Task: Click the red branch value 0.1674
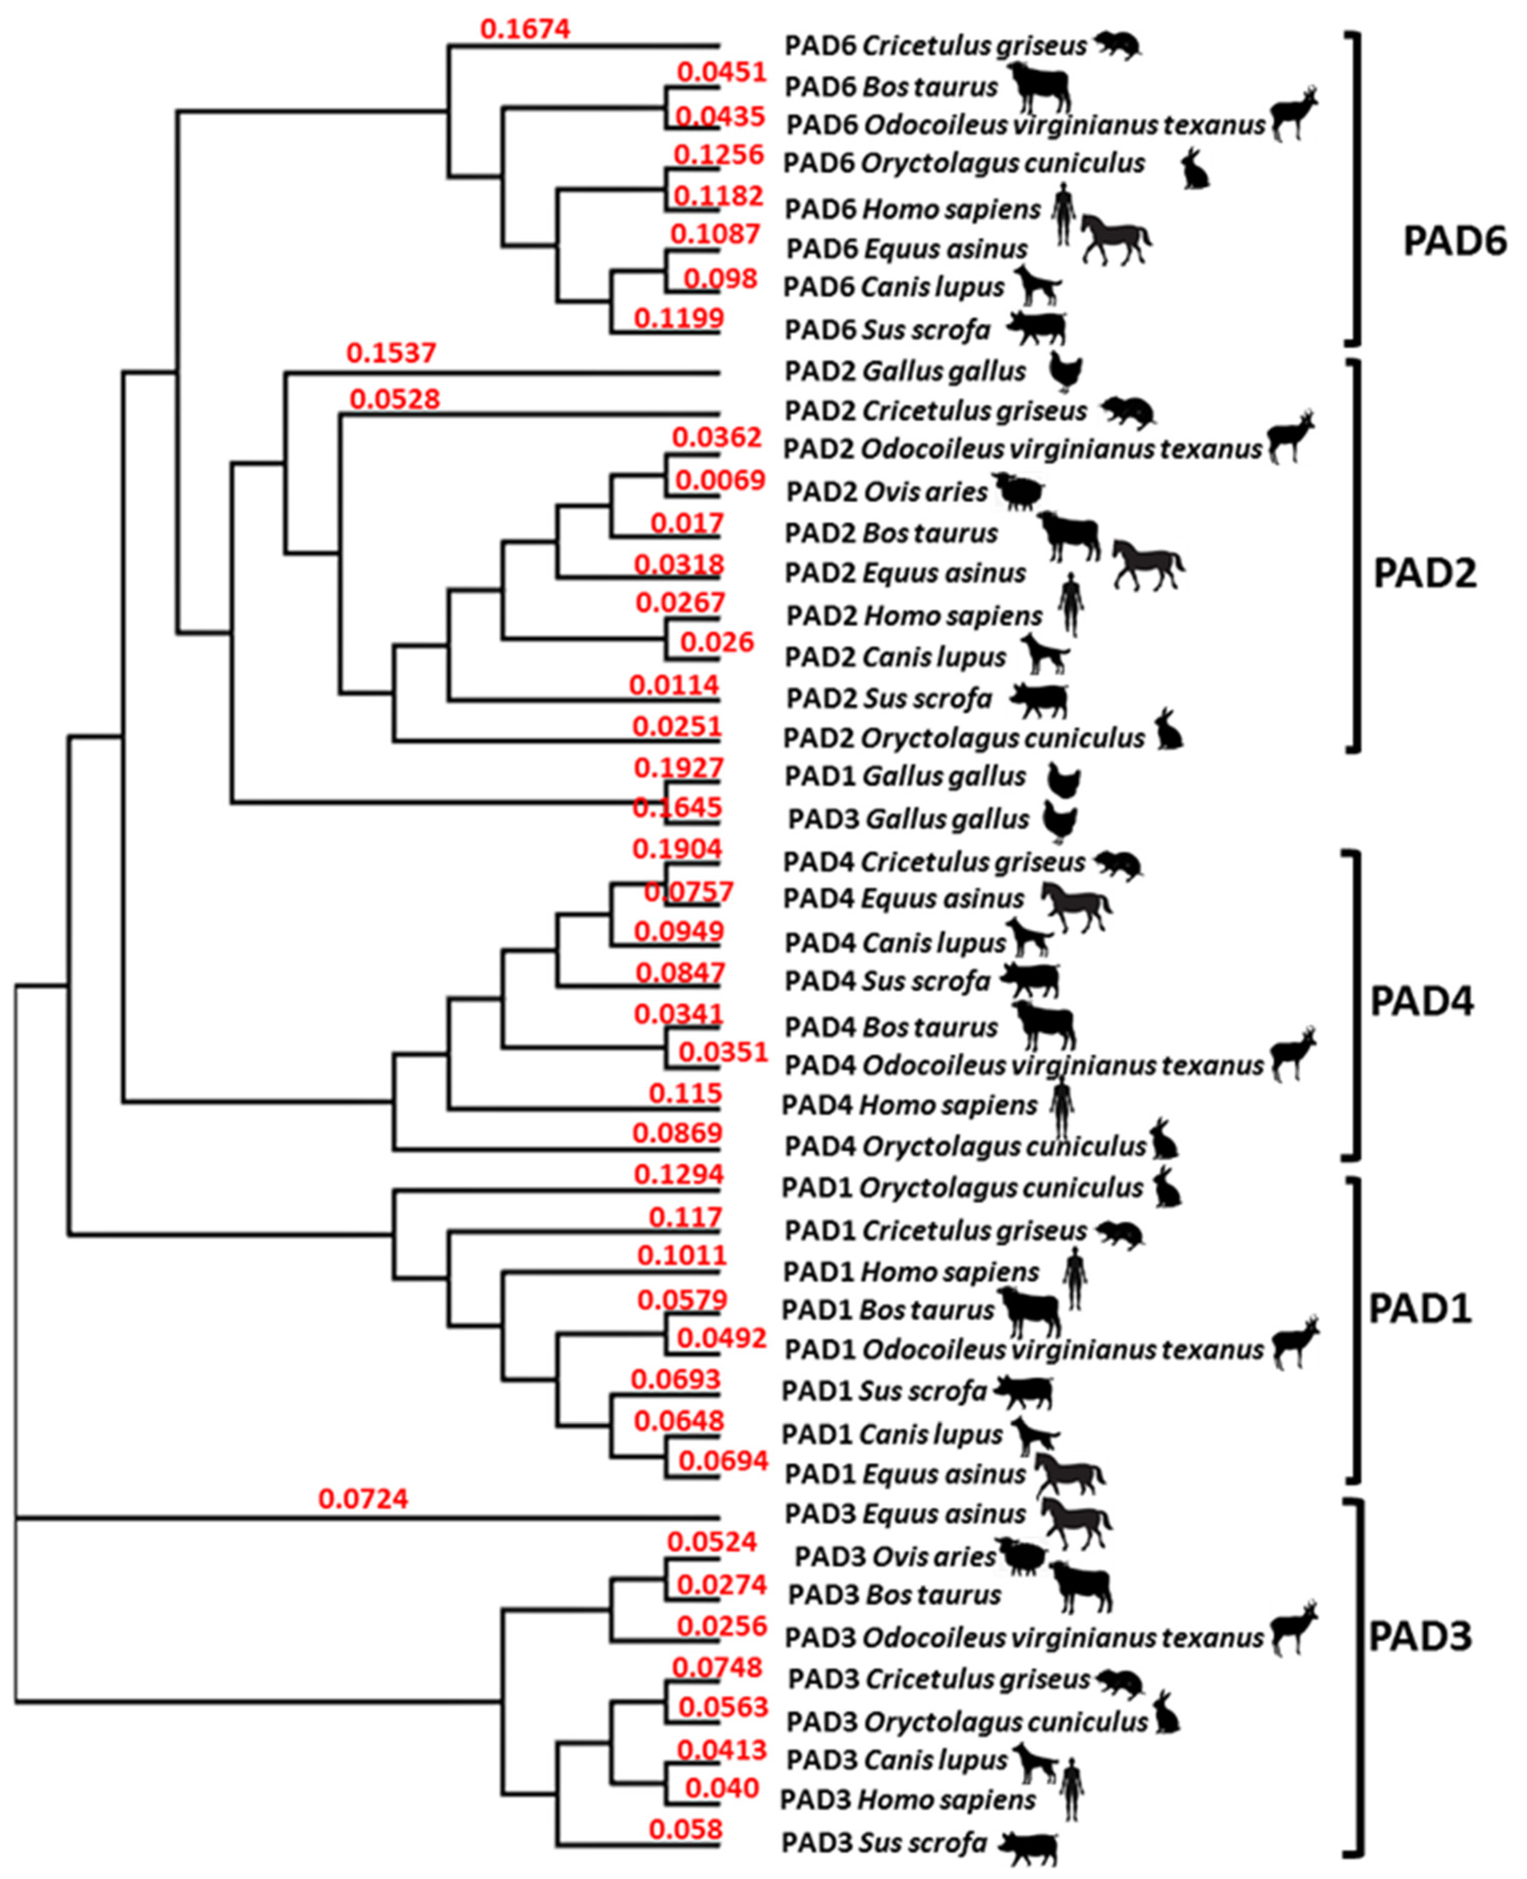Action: point(525,29)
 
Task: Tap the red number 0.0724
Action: point(363,1498)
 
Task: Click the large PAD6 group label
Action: point(1454,240)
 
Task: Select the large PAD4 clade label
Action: point(1422,1001)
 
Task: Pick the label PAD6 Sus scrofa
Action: point(887,330)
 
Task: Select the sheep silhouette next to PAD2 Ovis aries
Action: point(1020,492)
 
